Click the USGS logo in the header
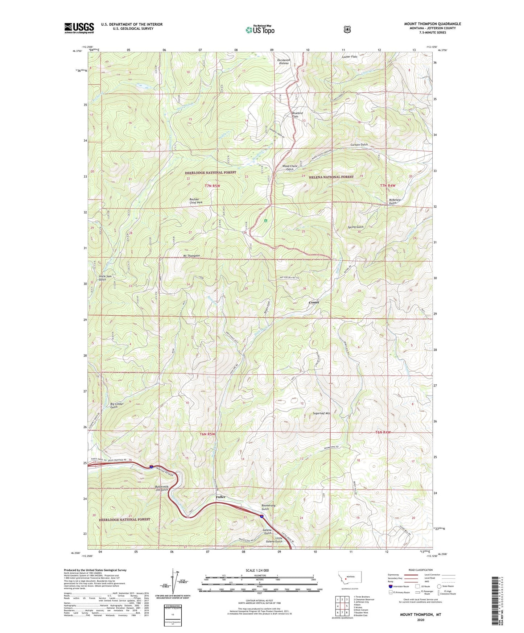(79, 28)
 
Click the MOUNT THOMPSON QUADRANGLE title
(432, 24)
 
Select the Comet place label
(314, 302)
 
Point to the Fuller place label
(220, 497)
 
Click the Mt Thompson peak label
(191, 256)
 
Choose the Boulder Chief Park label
(196, 200)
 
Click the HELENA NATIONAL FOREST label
(331, 177)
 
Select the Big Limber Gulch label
(117, 405)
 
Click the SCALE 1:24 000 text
(257, 570)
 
